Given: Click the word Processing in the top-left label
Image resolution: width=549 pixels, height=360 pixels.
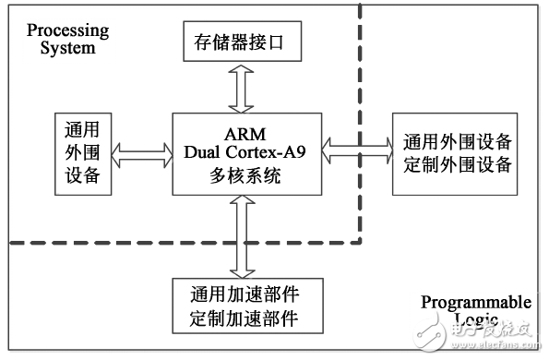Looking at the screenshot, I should coord(67,30).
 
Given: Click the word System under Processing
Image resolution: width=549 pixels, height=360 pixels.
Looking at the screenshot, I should coord(67,47).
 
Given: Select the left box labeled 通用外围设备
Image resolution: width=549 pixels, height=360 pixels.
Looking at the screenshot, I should coord(83,153).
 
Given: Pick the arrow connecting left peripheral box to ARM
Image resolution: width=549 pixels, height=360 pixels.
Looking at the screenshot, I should coord(142,153).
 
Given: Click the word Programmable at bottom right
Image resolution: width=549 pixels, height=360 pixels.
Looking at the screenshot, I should coord(475,303).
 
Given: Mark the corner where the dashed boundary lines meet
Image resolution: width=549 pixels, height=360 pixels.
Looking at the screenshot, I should coord(359,244).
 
